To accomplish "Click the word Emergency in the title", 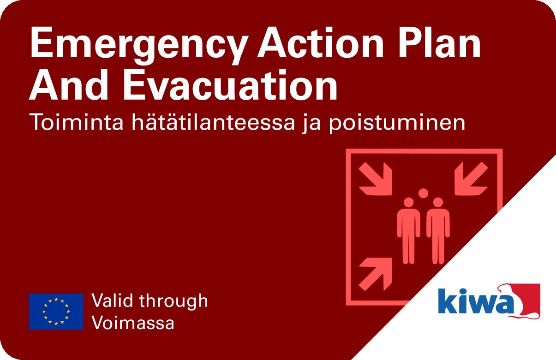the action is pyautogui.click(x=139, y=45).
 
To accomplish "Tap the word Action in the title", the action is pyautogui.click(x=321, y=42).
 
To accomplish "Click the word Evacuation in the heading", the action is pyautogui.click(x=230, y=84).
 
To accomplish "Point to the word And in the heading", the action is pyautogui.click(x=68, y=84).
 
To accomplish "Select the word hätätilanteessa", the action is pyautogui.click(x=213, y=122).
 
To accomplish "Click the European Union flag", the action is pyautogui.click(x=56, y=312).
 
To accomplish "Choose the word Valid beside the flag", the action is pyautogui.click(x=112, y=300).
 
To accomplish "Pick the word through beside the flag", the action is pyautogui.click(x=173, y=302).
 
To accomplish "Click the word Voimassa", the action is pyautogui.click(x=133, y=323).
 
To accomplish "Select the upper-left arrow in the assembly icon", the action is pyautogui.click(x=375, y=179).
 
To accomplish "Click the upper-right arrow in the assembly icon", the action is pyautogui.click(x=472, y=179).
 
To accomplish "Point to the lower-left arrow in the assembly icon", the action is pyautogui.click(x=375, y=274).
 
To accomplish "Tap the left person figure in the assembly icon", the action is pyautogui.click(x=408, y=231).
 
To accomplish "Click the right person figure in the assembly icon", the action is pyautogui.click(x=438, y=231).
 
